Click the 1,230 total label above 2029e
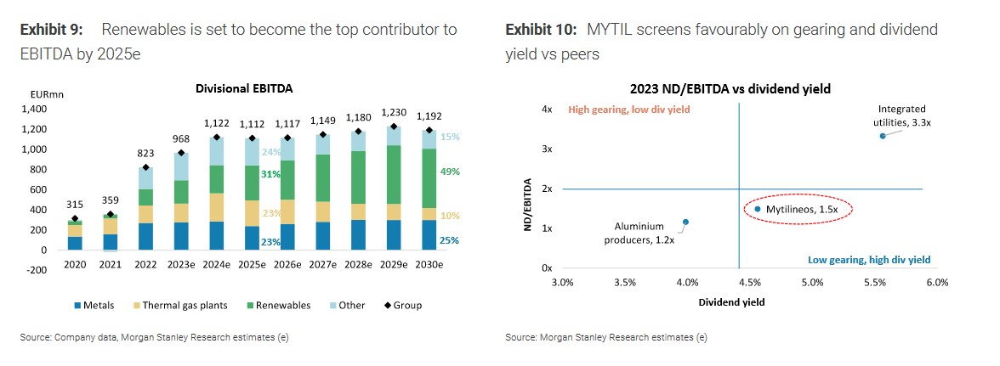pos(393,112)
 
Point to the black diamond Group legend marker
pos(387,306)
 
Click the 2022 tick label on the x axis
pos(146,265)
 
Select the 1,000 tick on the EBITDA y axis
pos(37,149)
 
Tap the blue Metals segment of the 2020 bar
pos(76,243)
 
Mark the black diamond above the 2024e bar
pos(217,137)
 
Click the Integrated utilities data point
pos(883,136)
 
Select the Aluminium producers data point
pos(685,222)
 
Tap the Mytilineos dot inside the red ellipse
pos(757,208)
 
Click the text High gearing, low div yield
pos(628,110)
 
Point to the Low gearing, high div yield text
pos(869,260)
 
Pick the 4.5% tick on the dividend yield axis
pos(750,282)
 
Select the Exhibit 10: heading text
pos(540,30)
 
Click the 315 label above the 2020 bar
pos(76,205)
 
